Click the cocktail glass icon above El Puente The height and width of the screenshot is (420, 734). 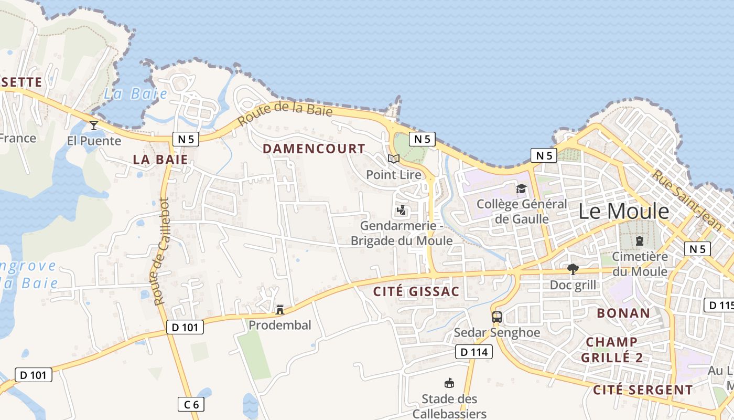(x=94, y=125)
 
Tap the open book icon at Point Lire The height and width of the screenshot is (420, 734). (x=393, y=159)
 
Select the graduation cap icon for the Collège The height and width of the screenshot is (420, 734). (x=521, y=188)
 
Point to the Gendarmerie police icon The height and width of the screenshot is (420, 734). (x=402, y=210)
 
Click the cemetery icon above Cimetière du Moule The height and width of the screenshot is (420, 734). (x=640, y=241)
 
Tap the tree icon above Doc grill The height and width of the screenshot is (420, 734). (x=573, y=269)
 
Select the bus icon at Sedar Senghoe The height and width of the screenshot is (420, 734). (x=497, y=317)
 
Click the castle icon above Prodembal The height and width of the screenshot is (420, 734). (x=280, y=310)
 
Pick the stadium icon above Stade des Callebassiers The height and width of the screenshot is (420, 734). (x=449, y=383)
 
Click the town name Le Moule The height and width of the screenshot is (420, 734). (x=624, y=211)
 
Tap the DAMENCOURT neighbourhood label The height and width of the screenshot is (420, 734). (x=314, y=149)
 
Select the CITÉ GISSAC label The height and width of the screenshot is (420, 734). (x=416, y=291)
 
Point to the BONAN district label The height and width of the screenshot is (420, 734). (x=623, y=313)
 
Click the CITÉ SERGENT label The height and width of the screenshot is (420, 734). (x=643, y=390)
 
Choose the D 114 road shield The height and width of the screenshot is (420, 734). (x=473, y=352)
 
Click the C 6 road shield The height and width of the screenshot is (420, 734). (x=191, y=404)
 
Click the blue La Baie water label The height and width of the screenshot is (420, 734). (x=135, y=94)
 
